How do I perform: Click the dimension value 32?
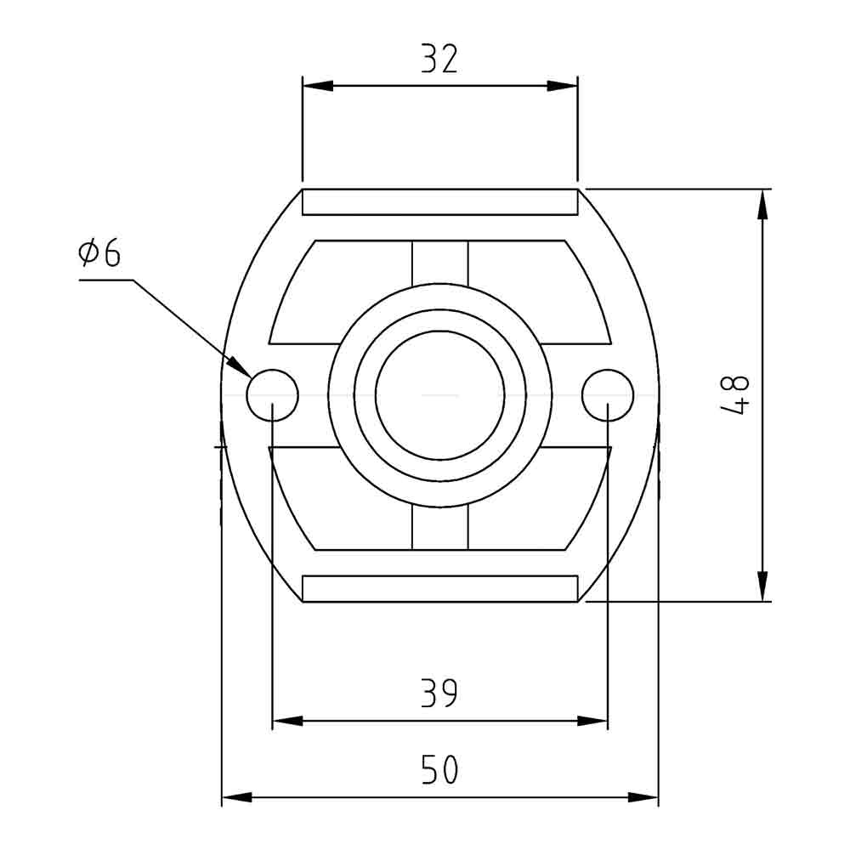[439, 59]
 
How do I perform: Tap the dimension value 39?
[439, 694]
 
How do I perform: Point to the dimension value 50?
[439, 770]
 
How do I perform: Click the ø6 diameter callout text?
[99, 253]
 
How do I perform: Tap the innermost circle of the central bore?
[439, 395]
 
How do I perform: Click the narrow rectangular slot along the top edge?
[439, 202]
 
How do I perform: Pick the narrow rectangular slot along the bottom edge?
[439, 588]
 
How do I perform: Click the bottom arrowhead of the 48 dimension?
[762, 586]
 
